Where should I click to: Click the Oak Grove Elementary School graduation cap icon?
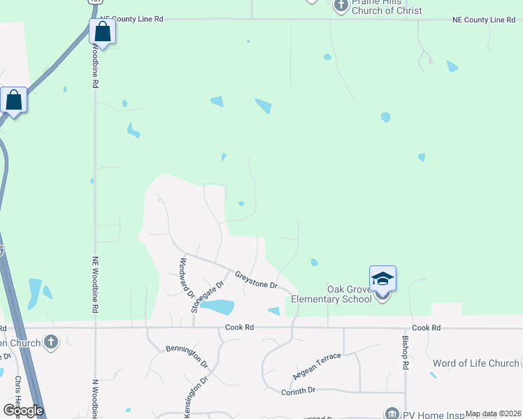point(382,279)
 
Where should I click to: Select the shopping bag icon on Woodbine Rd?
point(102,32)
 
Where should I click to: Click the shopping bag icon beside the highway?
point(14,100)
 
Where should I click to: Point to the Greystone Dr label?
point(256,281)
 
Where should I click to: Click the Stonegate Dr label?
point(208,296)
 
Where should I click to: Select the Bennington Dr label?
point(187,356)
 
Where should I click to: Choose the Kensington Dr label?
point(196,398)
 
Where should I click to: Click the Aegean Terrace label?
point(317,365)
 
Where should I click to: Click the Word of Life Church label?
point(475,363)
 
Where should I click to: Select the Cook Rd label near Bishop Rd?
point(427,328)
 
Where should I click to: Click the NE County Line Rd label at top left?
point(131,20)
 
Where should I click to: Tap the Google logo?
point(23,410)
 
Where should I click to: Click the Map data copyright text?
point(492,413)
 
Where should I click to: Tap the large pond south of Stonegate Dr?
point(217,307)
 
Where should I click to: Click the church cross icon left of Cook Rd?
point(50,342)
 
